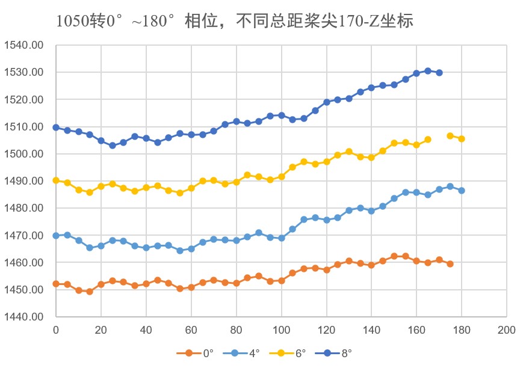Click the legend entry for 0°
point(199,353)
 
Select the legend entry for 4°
point(245,353)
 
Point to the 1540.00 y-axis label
point(24,45)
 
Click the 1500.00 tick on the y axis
point(24,154)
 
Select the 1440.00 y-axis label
point(24,317)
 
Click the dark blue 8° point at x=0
point(56,127)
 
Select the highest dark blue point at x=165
point(428,71)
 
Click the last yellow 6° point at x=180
point(462,139)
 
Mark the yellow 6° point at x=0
point(56,180)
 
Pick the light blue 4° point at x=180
point(462,191)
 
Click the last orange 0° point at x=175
point(450,264)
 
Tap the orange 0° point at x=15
point(90,292)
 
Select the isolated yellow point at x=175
point(450,136)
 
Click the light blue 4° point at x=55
point(180,251)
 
